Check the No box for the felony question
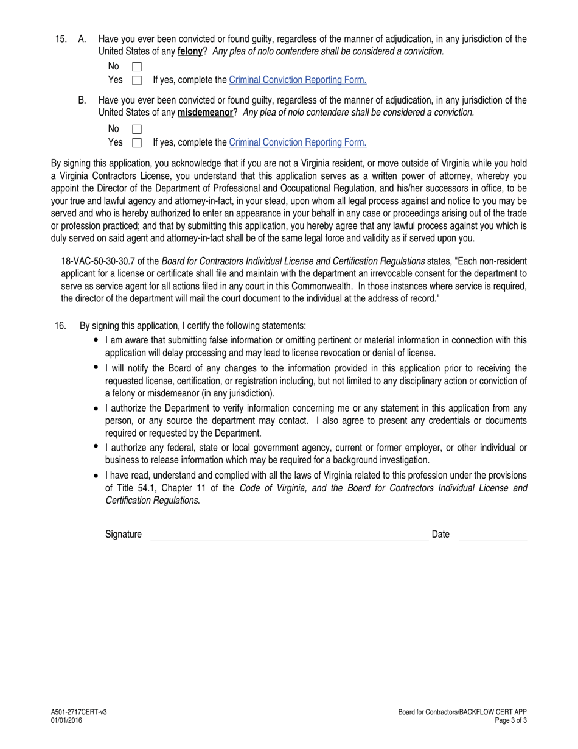(137, 66)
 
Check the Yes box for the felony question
(137, 80)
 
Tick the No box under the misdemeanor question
(137, 129)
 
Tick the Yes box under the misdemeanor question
(137, 142)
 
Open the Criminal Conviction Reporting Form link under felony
(298, 80)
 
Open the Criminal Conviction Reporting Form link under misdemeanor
(298, 142)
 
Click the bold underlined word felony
(190, 52)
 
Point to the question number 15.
(61, 39)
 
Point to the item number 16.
(60, 326)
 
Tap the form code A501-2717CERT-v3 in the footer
(79, 712)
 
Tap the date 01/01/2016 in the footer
(66, 720)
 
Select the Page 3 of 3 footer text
(511, 720)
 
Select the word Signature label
(124, 535)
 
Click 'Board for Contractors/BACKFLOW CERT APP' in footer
(462, 712)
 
